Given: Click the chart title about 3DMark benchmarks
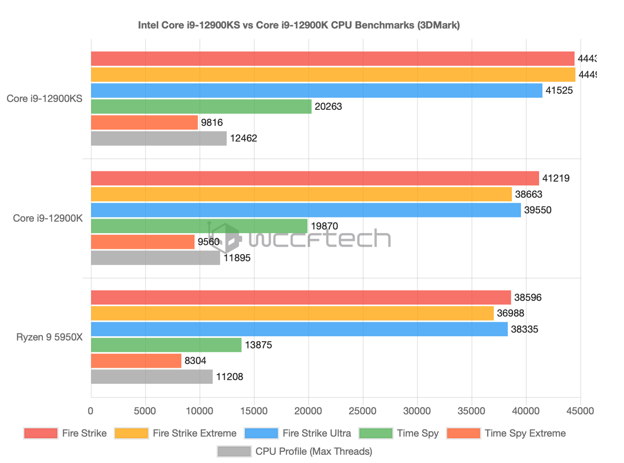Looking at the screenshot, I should pos(299,25).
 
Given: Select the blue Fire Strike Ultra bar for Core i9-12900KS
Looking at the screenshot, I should pos(316,90).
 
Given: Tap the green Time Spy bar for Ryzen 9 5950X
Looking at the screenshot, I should pos(166,345).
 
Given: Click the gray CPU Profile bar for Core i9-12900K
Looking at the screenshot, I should pos(155,258).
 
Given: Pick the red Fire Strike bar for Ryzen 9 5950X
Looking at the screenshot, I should pos(301,298).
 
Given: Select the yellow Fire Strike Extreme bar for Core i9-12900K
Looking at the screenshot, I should pos(301,194).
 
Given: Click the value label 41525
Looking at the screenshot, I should pos(559,91).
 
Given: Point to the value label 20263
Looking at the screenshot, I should pos(328,107).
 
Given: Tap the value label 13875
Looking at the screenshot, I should pos(258,345).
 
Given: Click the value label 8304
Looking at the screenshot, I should pos(195,361).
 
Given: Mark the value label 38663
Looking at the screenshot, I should pos(528,194).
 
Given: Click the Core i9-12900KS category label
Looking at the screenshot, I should pos(44,99).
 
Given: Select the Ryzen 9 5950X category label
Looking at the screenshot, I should pos(49,337).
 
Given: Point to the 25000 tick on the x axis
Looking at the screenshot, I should pos(363,411).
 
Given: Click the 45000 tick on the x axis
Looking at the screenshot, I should pos(580,411).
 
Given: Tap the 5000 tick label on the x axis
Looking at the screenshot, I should pos(145,411).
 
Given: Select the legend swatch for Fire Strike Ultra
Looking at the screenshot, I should pos(261,433).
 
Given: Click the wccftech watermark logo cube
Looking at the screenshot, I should pos(226,238).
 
